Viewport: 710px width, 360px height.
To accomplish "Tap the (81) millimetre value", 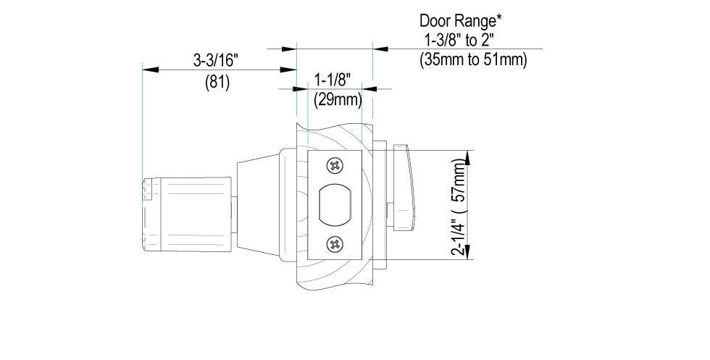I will click(x=217, y=83).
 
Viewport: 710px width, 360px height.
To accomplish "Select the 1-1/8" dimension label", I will click(x=333, y=78).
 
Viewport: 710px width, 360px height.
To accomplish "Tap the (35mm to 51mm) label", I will click(x=473, y=59).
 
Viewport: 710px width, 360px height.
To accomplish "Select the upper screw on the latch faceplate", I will click(x=334, y=166).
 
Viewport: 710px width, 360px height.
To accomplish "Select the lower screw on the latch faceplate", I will click(x=334, y=245).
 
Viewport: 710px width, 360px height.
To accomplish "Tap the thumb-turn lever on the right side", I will click(x=404, y=181).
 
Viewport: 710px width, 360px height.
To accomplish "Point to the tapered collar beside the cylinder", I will click(x=256, y=206).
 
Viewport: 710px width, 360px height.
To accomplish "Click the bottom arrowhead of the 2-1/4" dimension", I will click(x=469, y=254).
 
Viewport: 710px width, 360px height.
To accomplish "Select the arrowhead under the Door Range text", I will click(x=378, y=49).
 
